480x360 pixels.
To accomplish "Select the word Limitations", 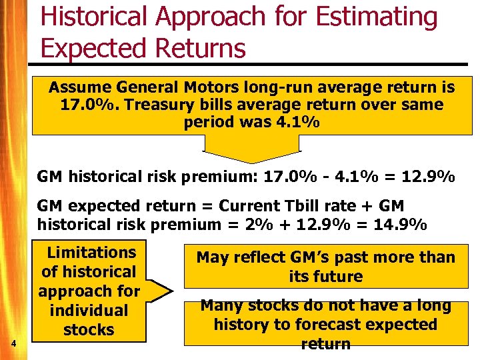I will (x=91, y=253).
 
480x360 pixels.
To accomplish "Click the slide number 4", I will (x=13, y=343).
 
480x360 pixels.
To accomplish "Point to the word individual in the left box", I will (x=89, y=311).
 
